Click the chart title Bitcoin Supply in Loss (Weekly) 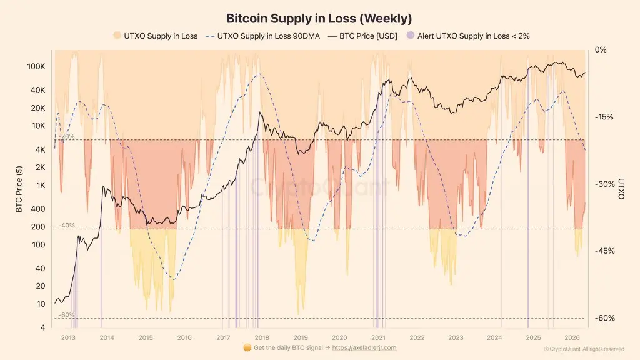pos(319,18)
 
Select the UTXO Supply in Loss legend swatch pos(117,36)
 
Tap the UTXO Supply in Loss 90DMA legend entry pos(263,36)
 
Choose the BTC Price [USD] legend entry pos(362,36)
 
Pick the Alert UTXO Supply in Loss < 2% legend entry pos(468,36)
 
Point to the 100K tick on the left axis pos(36,66)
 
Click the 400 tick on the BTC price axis pos(38,209)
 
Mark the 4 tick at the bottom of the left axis pos(43,327)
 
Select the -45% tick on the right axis pos(604,251)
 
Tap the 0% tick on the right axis pos(601,50)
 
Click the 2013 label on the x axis pos(68,338)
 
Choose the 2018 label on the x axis pos(262,338)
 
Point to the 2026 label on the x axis pos(572,338)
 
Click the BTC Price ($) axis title pos(19,189)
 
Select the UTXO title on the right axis pos(621,189)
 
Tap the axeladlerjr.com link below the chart pos(364,348)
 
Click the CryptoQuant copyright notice pos(584,349)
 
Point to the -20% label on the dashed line pos(67,136)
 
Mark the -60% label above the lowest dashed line pos(67,315)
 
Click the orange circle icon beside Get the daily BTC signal pos(247,347)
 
